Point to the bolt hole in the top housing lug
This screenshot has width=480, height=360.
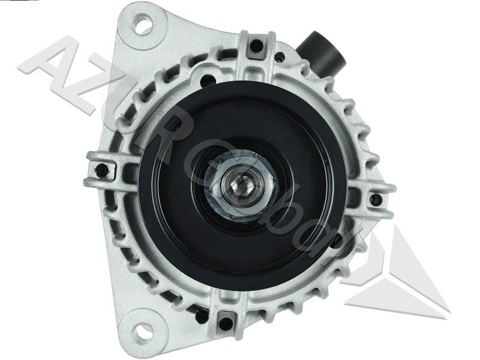(256, 46)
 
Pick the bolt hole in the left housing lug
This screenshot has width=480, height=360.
(102, 170)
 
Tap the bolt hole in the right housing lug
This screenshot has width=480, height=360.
(375, 199)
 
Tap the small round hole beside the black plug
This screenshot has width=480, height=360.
(280, 57)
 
